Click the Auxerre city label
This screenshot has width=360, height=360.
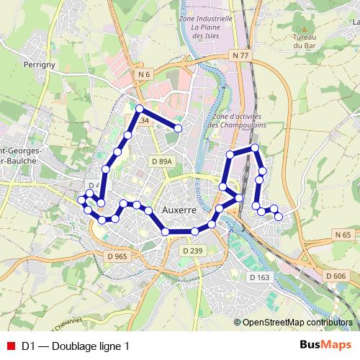tap(180, 210)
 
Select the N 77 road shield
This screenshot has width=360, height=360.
tap(241, 55)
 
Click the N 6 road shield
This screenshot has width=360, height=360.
tap(144, 74)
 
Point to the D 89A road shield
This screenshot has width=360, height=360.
tap(162, 162)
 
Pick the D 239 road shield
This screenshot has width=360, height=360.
tap(193, 250)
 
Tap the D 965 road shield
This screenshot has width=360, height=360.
tap(116, 256)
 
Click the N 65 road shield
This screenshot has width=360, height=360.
tap(343, 235)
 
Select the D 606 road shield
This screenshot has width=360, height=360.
tap(336, 276)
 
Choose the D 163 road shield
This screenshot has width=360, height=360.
tap(258, 276)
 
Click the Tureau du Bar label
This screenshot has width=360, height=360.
tap(305, 40)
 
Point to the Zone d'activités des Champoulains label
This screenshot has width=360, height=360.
tap(237, 120)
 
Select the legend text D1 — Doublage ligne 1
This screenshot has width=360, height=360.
tap(76, 346)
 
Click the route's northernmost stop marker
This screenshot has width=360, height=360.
tap(140, 109)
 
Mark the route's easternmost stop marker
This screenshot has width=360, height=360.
tap(279, 216)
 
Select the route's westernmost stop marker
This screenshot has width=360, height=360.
tap(81, 199)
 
